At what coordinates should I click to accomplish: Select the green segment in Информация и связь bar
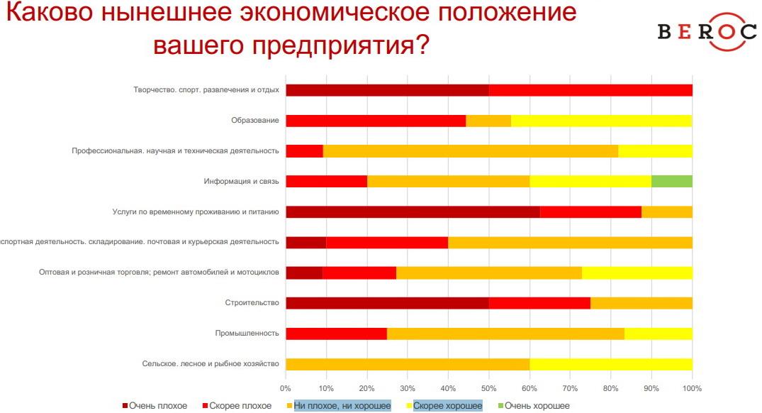pos(671,181)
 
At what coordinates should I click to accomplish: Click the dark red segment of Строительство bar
pos(387,303)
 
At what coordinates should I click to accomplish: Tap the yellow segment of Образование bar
pos(601,121)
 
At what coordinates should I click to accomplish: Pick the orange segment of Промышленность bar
pos(505,334)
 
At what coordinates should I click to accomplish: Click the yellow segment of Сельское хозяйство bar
pos(610,364)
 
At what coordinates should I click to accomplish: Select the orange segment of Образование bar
pos(488,121)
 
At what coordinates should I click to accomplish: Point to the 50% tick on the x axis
pos(488,388)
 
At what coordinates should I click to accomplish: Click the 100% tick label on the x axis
pos(692,388)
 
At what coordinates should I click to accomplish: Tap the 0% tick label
pos(286,388)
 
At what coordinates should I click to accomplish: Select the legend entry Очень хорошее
pos(537,405)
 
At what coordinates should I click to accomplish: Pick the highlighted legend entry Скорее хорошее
pos(447,405)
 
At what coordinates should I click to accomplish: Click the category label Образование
pos(255,121)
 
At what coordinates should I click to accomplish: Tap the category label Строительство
pos(252,303)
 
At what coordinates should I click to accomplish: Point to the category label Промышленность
pos(247,334)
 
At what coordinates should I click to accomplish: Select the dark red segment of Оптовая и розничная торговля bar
pos(304,272)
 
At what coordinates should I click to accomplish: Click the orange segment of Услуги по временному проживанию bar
pos(666,211)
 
